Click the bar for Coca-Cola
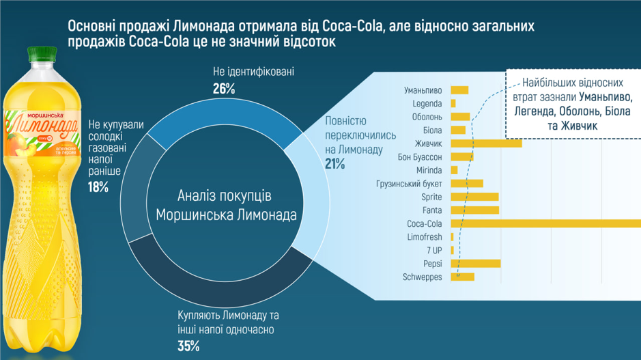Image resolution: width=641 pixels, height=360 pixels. tap(546, 223)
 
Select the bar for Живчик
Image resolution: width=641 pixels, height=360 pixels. tap(486, 143)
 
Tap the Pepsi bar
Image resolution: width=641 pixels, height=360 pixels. tap(476, 264)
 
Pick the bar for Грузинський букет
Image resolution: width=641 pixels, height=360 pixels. tap(467, 183)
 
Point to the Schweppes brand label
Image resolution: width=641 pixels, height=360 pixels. tap(423, 277)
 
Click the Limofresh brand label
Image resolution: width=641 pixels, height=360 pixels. tap(424, 237)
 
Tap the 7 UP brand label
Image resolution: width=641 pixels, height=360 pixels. tap(434, 250)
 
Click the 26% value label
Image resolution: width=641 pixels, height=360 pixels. tap(224, 89)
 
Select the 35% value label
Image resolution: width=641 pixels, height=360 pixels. tap(188, 346)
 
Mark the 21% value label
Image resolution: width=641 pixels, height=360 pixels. tap(335, 164)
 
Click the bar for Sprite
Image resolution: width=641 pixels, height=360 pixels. tap(474, 197)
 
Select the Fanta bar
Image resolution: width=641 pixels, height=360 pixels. tap(474, 210)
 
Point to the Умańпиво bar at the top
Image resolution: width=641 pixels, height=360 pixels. tap(459, 90)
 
